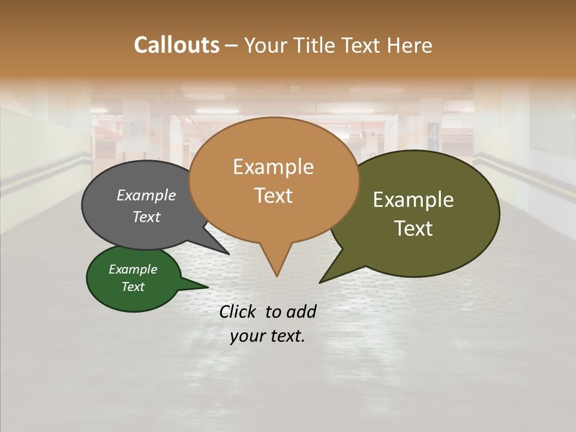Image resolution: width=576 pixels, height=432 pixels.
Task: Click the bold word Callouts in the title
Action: [x=176, y=45]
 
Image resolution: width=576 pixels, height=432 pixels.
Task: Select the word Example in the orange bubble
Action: [x=273, y=166]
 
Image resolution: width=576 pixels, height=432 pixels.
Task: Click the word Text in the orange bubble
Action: [x=273, y=195]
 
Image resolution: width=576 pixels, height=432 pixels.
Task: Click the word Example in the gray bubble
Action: [x=146, y=195]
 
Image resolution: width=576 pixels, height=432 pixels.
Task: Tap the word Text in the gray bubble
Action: [x=146, y=217]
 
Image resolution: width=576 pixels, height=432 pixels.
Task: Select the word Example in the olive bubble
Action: [x=413, y=199]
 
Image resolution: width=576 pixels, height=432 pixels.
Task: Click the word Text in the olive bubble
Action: [x=413, y=228]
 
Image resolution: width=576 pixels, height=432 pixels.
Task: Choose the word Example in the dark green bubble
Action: [x=133, y=269]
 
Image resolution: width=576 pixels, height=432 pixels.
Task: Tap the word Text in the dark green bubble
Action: [x=133, y=287]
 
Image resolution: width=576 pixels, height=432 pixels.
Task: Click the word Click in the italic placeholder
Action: [x=238, y=311]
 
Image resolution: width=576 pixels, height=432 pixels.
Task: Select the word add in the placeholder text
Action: [x=301, y=311]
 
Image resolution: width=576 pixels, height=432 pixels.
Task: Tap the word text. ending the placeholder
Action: [x=287, y=336]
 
